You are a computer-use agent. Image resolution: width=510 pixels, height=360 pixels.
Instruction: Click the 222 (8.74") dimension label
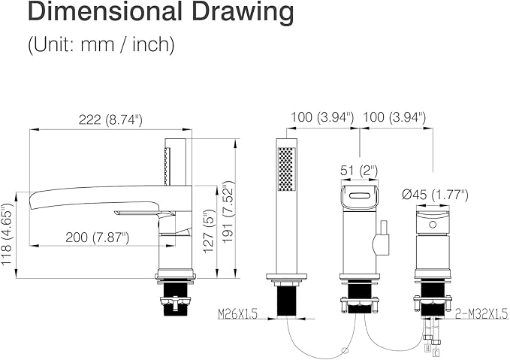(110, 119)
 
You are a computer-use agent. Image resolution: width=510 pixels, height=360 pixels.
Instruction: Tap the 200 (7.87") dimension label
(97, 237)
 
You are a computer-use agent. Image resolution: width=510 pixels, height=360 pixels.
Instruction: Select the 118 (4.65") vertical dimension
(7, 234)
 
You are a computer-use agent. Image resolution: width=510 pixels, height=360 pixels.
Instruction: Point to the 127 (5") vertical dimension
(209, 231)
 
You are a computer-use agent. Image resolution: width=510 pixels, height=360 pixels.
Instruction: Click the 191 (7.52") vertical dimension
(228, 212)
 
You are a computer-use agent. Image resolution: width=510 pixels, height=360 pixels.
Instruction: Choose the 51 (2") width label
(359, 171)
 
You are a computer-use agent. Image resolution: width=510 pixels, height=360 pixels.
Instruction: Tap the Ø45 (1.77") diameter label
(435, 195)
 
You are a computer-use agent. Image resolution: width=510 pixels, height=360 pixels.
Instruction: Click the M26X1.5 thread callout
(237, 314)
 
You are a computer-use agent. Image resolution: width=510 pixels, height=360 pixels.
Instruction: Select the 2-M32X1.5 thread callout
(481, 313)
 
